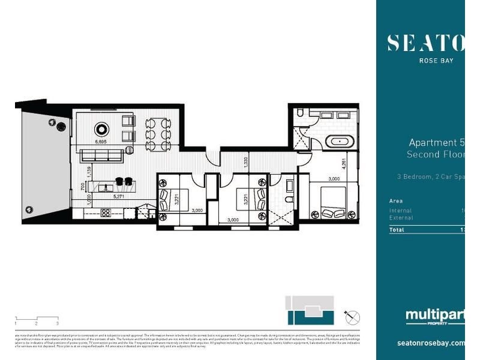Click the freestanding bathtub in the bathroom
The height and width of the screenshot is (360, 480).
click(340, 142)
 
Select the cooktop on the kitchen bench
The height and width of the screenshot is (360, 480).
click(106, 212)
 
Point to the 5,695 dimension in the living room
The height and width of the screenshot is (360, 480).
click(101, 142)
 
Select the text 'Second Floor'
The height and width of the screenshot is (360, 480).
click(435, 155)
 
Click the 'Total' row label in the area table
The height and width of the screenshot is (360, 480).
click(397, 229)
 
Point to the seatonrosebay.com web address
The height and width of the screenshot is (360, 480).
click(431, 343)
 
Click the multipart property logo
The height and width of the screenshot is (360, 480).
click(434, 317)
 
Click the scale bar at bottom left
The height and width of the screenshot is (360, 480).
click(36, 319)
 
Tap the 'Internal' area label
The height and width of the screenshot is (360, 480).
click(400, 211)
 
